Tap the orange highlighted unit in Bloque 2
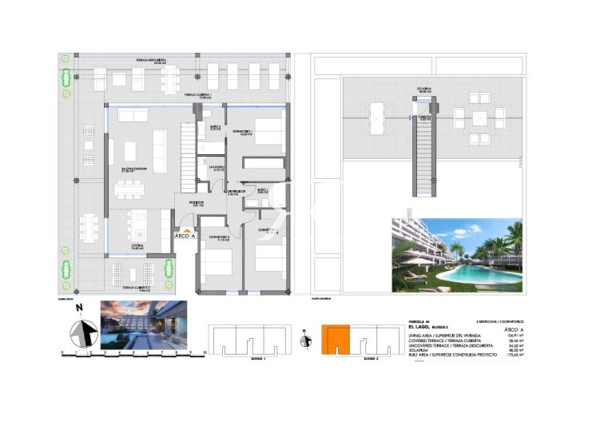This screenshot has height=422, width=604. tap(335, 340)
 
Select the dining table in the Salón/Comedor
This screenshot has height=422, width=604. tap(128, 190)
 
